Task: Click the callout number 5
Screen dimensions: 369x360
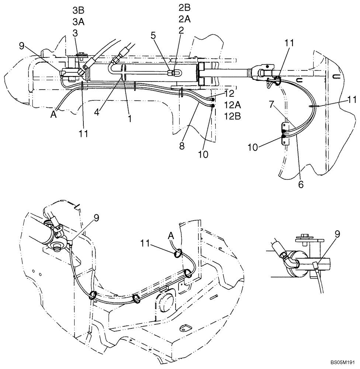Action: pyautogui.click(x=153, y=36)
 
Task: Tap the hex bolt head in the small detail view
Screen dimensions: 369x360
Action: pyautogui.click(x=305, y=235)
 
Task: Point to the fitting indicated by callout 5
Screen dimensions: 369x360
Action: pyautogui.click(x=170, y=72)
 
